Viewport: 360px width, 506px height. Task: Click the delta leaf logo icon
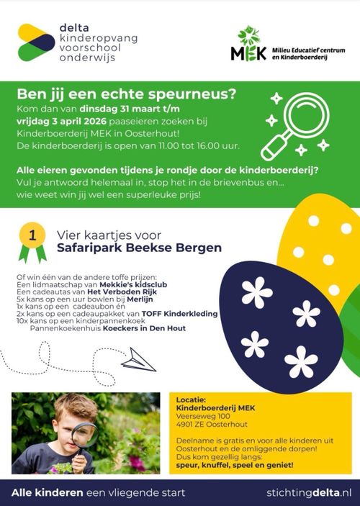[36, 41]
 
